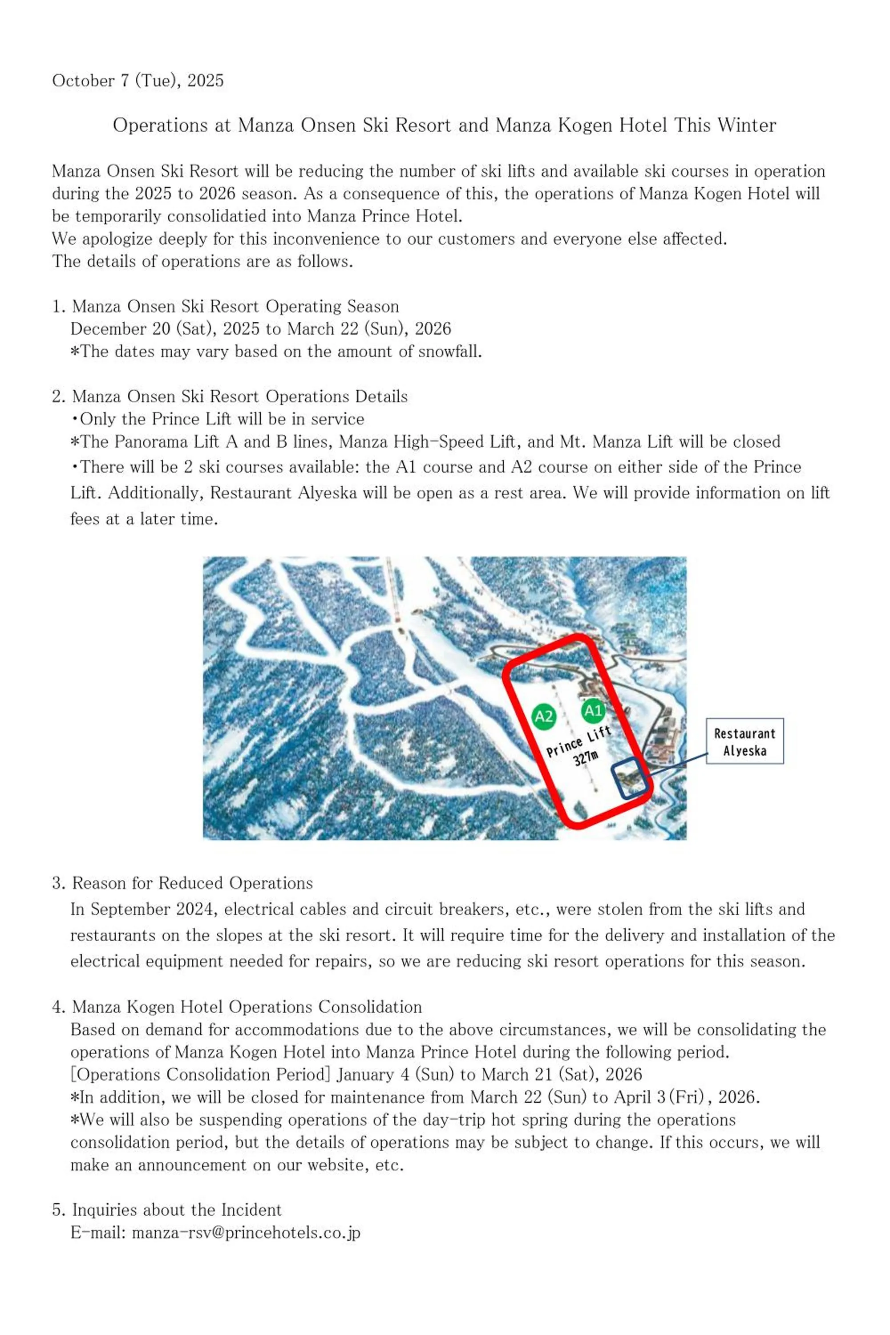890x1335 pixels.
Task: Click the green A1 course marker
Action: click(x=593, y=711)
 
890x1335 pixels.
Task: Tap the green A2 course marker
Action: click(x=544, y=716)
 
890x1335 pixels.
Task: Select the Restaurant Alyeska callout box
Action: click(x=744, y=741)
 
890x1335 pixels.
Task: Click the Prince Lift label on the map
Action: click(x=578, y=742)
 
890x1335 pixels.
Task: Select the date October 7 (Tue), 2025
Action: click(x=138, y=81)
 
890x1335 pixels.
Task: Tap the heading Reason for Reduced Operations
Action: click(x=192, y=883)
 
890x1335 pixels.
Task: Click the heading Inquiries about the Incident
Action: click(x=177, y=1210)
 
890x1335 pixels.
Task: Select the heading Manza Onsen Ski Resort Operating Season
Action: click(x=235, y=307)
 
